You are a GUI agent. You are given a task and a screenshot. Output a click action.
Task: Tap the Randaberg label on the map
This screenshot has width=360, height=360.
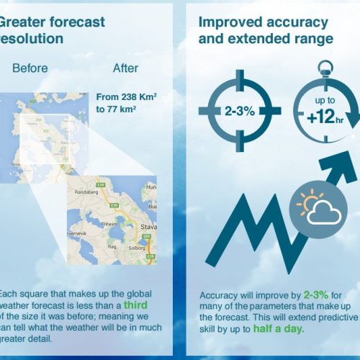(x=90, y=193)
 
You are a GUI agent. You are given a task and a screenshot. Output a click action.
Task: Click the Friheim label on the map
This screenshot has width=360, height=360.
(x=110, y=224)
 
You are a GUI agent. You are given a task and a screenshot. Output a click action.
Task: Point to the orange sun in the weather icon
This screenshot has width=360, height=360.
(x=311, y=198)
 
